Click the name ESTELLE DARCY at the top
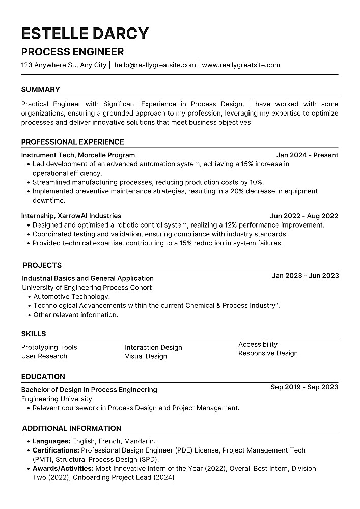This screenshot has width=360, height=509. point(85,33)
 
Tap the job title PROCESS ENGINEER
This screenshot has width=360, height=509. point(72,52)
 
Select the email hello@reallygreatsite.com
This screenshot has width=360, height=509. point(155,65)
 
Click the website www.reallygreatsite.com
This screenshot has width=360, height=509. point(241,65)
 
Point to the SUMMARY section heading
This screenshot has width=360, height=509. point(40,89)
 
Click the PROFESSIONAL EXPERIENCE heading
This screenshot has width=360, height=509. point(72,142)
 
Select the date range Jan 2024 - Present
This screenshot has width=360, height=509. point(307,155)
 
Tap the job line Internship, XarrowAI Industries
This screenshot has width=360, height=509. point(71,216)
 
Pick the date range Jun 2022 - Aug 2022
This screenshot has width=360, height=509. point(304,216)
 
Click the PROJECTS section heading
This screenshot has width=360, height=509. point(42,265)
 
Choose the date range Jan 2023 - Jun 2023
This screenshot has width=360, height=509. point(305,276)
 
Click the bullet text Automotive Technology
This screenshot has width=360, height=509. point(71,296)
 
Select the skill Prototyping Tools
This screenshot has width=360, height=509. point(49,347)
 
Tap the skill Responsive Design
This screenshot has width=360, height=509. point(268,353)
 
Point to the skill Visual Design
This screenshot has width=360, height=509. point(146,356)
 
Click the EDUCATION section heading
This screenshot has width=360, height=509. point(43,377)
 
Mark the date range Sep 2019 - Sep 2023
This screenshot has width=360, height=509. point(304,387)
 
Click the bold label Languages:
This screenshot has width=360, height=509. point(51,441)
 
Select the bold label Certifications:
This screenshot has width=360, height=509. point(56,450)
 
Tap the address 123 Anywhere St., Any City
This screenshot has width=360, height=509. point(64,65)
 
